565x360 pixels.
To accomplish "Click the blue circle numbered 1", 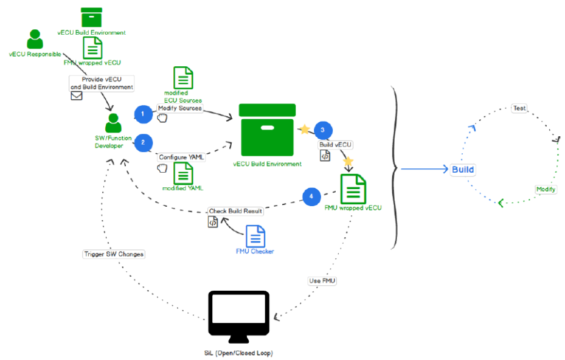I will [x=142, y=114].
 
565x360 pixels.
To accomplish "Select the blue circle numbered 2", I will [x=142, y=142].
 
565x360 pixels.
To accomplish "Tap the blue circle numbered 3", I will [x=323, y=130].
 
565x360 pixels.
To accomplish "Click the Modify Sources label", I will [x=179, y=108].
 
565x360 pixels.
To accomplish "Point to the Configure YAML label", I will [x=181, y=157].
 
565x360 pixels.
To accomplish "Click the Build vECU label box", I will [x=336, y=145].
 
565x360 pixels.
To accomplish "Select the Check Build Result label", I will [x=236, y=211].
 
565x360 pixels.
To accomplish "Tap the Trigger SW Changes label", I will [x=114, y=254].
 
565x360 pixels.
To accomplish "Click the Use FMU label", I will [x=322, y=280].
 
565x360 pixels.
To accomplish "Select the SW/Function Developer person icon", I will [x=113, y=123].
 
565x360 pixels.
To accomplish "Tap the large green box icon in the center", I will [x=267, y=130].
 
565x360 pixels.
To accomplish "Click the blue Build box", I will [x=463, y=169].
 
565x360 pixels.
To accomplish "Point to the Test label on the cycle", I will [x=519, y=108].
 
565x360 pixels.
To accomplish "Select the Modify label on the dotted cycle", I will [x=546, y=189].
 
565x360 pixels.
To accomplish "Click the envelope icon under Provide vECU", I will [x=77, y=95].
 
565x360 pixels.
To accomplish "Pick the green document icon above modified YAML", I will [x=183, y=173].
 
